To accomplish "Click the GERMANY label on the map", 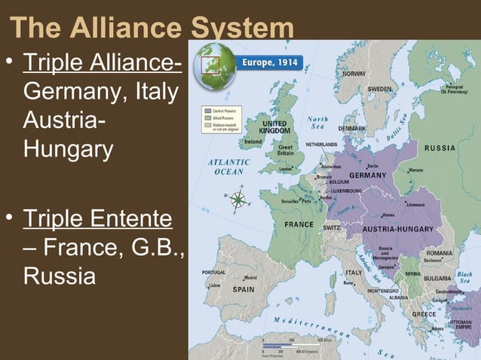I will pos(369,175).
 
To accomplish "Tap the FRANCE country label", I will pos(299,224).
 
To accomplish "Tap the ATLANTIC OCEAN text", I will pos(229,166).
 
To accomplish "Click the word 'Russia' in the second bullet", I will pos(60,276).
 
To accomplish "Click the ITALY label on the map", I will pos(353,272).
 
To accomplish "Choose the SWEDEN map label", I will pos(379,89).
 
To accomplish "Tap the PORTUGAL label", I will pos(214,273).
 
